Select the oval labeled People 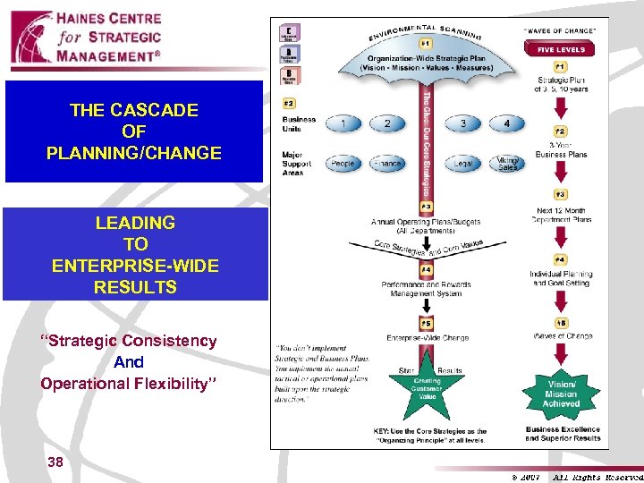[x=343, y=163]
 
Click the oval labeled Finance [x=387, y=163]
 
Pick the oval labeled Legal [x=462, y=163]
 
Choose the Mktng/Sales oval [x=507, y=163]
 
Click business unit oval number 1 [x=343, y=123]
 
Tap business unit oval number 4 [x=507, y=123]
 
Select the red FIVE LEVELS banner [x=561, y=50]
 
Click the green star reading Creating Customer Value [x=426, y=384]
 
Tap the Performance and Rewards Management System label [x=425, y=288]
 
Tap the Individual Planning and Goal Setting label [x=561, y=278]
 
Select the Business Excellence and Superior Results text [x=561, y=433]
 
